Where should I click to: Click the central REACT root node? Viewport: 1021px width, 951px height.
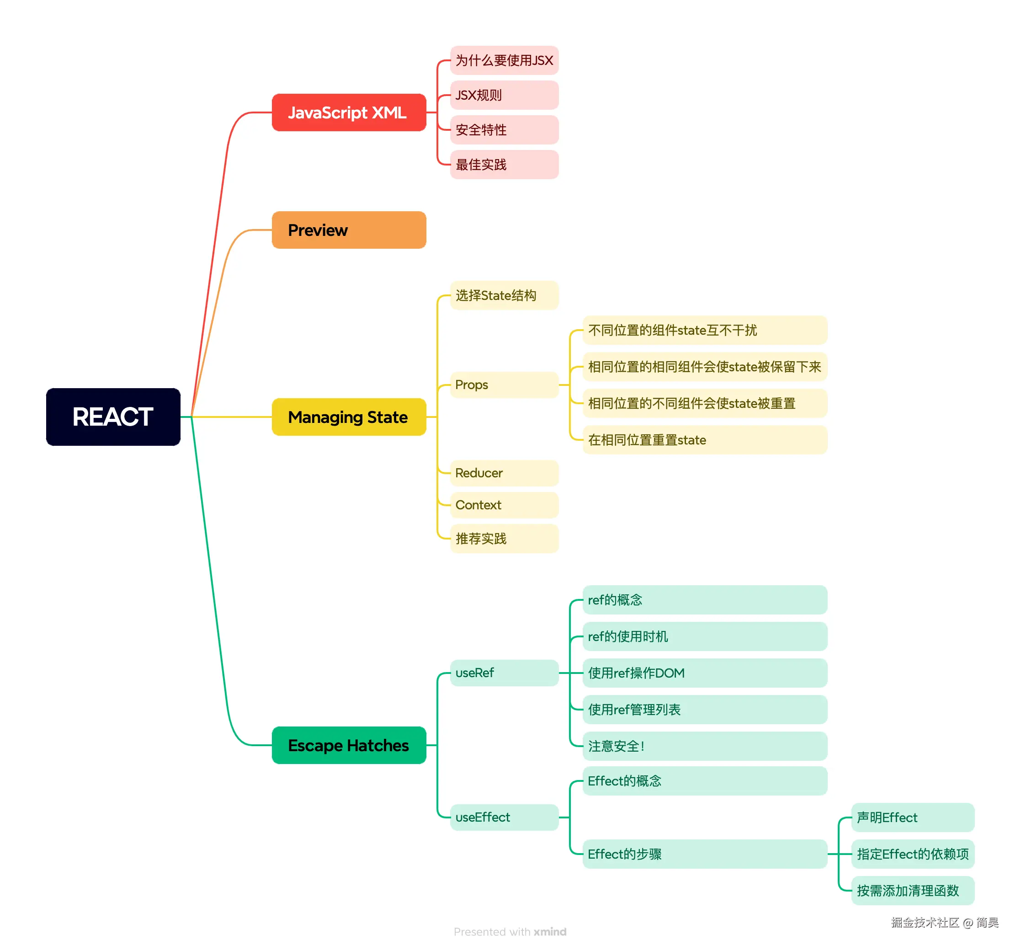click(x=113, y=417)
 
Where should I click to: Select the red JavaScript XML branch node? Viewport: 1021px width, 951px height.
click(x=349, y=112)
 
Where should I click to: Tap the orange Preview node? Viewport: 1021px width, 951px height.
click(x=349, y=230)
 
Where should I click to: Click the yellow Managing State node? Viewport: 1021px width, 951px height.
click(x=349, y=417)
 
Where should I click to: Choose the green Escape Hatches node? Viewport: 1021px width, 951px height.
click(x=349, y=745)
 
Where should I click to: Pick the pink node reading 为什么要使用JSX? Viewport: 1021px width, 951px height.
click(x=504, y=61)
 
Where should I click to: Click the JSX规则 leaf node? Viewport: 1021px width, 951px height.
click(x=504, y=95)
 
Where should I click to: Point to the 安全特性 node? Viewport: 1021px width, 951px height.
click(x=504, y=130)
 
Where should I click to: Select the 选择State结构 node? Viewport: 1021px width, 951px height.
click(x=504, y=295)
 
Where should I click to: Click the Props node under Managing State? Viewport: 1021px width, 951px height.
click(x=504, y=385)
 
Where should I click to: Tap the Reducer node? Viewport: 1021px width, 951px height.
click(x=504, y=473)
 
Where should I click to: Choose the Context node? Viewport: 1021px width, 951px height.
click(x=504, y=505)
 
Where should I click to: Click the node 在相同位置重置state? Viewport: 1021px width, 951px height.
click(x=704, y=440)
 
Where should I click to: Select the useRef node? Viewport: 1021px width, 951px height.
click(x=504, y=673)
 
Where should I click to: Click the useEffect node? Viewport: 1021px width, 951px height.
click(x=504, y=817)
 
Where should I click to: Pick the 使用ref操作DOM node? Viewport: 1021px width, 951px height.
click(x=704, y=673)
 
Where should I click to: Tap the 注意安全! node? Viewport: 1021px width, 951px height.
click(x=704, y=746)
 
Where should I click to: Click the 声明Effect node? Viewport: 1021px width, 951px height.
click(x=912, y=817)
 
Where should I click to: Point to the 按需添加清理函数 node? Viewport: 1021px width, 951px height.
click(x=912, y=890)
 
